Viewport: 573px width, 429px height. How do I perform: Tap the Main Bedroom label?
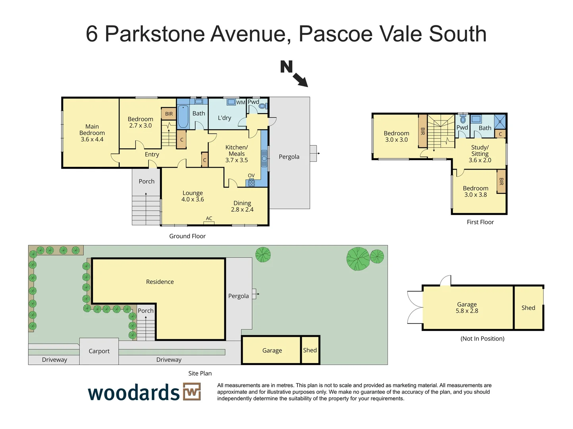click(92, 133)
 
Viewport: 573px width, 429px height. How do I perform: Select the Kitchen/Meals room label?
click(236, 154)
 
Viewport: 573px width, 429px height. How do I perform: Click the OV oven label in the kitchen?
click(251, 176)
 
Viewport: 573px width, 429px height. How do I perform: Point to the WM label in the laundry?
click(241, 102)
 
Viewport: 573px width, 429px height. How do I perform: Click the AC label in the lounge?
click(209, 218)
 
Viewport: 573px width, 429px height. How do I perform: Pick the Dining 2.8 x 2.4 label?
click(242, 206)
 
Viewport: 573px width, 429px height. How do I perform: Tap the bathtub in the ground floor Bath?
click(183, 116)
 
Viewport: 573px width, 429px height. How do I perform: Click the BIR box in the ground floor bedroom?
click(169, 114)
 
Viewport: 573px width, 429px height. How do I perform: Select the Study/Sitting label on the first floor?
click(480, 154)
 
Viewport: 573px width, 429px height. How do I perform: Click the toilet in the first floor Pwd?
click(463, 119)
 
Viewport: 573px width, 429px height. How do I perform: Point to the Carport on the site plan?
click(99, 351)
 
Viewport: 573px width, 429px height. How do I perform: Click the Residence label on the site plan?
click(160, 282)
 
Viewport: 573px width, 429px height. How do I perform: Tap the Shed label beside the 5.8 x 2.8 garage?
click(528, 308)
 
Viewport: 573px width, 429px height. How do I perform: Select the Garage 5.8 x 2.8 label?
click(467, 307)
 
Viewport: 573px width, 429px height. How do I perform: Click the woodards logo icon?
click(192, 392)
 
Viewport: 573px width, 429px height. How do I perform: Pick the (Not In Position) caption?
click(482, 339)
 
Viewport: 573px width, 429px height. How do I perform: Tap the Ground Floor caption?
click(187, 236)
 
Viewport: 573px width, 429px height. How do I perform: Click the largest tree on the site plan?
click(358, 259)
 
